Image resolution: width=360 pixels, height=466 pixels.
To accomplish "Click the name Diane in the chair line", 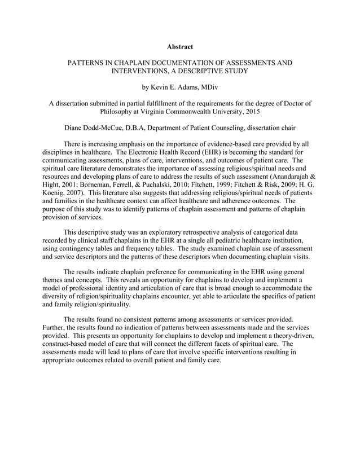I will pyautogui.click(x=76, y=128).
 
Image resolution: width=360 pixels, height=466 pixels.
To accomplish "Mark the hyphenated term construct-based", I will pyautogui.click(x=68, y=344).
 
